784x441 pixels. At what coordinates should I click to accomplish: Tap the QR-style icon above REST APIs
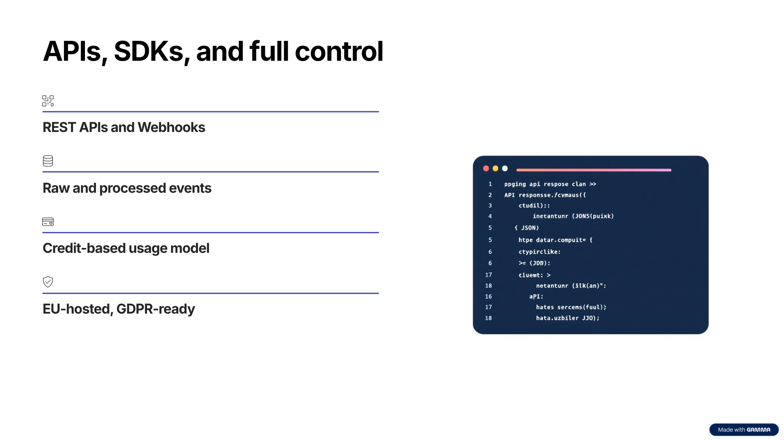(48, 101)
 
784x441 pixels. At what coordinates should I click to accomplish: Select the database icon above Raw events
(48, 161)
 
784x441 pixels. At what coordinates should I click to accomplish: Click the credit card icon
(48, 222)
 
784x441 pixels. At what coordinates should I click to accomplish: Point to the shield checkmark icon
(48, 282)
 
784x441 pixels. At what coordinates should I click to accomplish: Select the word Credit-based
(84, 248)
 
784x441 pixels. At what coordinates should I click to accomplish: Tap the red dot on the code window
(486, 168)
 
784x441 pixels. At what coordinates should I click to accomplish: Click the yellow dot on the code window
(495, 168)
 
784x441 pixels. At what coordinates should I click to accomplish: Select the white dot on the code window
(505, 168)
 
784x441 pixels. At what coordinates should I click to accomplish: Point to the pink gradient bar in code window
(594, 170)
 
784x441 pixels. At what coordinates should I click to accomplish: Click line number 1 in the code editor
(490, 184)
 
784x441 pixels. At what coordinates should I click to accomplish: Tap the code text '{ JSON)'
(527, 228)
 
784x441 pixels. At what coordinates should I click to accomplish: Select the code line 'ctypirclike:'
(539, 252)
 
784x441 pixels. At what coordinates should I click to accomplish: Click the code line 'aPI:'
(536, 297)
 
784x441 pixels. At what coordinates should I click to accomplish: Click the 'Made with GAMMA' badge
(744, 430)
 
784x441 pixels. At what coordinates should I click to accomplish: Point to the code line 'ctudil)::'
(534, 206)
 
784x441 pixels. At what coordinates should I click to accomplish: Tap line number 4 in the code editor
(490, 216)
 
